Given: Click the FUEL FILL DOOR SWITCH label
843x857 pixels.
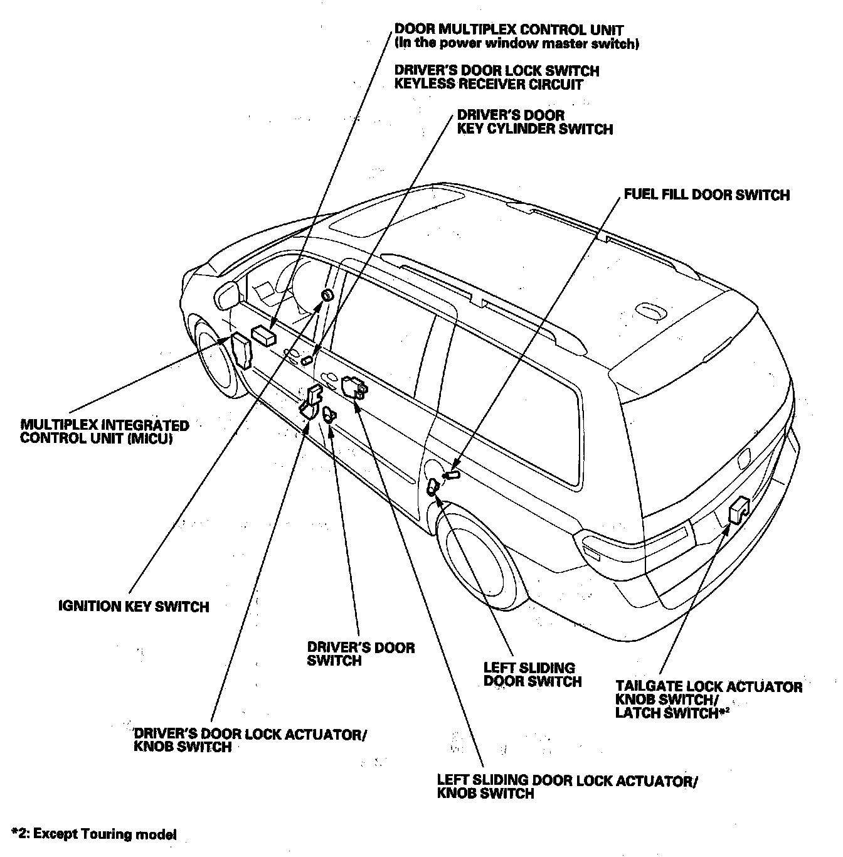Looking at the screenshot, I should (x=706, y=195).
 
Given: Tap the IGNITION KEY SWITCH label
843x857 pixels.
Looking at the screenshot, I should (x=134, y=606).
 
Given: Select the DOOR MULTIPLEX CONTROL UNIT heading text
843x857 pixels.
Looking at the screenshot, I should (x=509, y=29).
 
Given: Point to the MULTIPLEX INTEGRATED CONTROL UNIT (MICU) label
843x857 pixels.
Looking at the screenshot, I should (x=104, y=432).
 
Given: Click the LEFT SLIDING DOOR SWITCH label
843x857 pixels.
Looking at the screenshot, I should (x=533, y=674).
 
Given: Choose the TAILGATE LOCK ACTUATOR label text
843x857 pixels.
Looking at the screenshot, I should (x=709, y=686).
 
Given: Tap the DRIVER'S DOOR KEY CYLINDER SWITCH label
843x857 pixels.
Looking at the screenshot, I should (x=534, y=122).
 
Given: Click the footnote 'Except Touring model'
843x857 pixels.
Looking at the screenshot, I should (x=94, y=834).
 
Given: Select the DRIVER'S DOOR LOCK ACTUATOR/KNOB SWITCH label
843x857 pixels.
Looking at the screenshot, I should (x=250, y=740).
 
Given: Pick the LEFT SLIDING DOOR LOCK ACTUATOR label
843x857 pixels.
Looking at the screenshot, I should (x=567, y=787).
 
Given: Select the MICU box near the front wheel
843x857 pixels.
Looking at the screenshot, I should (x=241, y=351).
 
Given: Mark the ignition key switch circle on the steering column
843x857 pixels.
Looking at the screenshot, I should (x=327, y=295).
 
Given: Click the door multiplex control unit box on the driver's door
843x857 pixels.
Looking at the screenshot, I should (x=264, y=336).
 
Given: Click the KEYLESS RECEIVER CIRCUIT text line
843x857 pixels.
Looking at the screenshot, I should (x=489, y=85).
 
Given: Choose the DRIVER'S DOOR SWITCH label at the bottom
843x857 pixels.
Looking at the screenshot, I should (x=361, y=654).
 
